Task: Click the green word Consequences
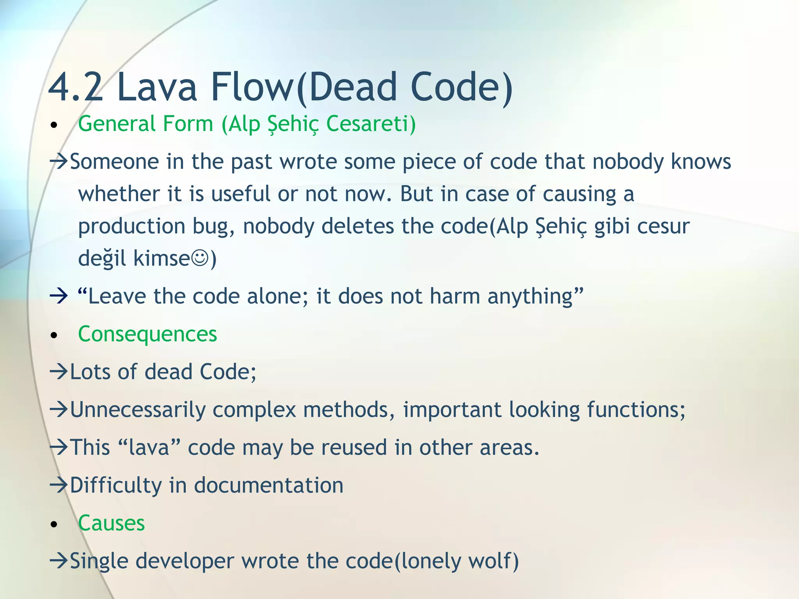coord(147,334)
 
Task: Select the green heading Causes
coord(112,523)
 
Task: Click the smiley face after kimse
coord(201,258)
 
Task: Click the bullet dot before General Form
coord(54,126)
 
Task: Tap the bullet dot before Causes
coord(54,525)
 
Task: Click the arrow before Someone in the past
coord(59,161)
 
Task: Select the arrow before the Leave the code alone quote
coord(59,296)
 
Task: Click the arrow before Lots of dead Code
coord(59,372)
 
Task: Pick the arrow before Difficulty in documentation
coord(59,485)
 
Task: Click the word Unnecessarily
coord(138,410)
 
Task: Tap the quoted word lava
coord(149,447)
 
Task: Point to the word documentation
coord(269,486)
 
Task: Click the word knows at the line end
coord(701,161)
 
